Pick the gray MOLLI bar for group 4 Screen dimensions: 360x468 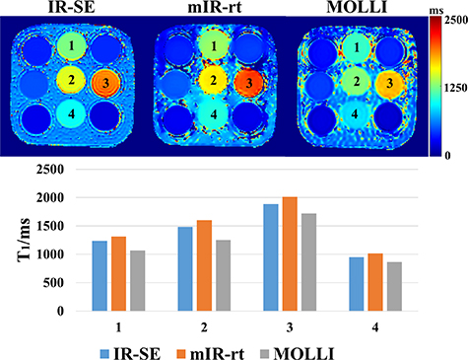click(422, 286)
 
